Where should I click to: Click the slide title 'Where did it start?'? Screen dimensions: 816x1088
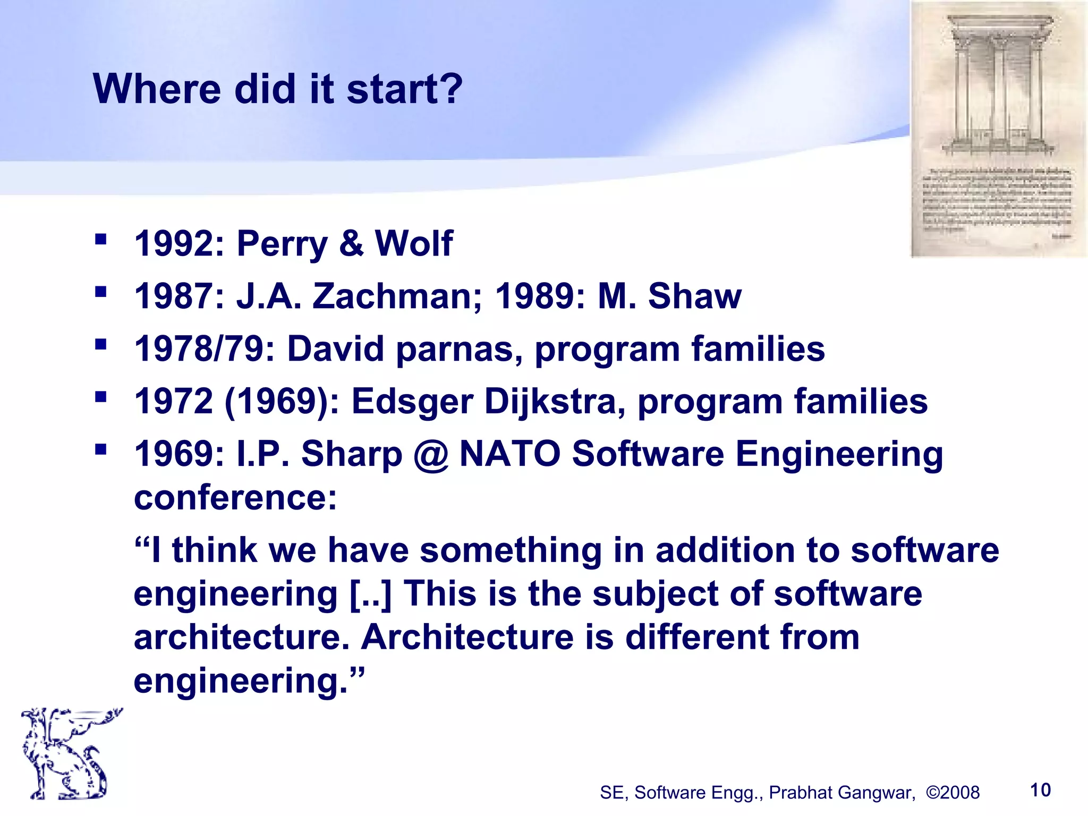[x=278, y=89]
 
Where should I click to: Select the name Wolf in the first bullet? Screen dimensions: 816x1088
[x=414, y=244]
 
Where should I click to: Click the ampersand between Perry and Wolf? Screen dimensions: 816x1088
[x=351, y=244]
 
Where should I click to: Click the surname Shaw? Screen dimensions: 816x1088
[x=694, y=296]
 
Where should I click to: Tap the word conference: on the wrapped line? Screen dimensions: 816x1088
[x=235, y=498]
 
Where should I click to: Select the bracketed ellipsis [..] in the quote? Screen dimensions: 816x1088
[x=370, y=594]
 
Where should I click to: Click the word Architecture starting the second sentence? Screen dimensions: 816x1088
[x=467, y=637]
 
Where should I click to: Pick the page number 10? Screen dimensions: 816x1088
[x=1040, y=790]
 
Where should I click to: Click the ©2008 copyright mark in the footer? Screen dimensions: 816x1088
[x=953, y=793]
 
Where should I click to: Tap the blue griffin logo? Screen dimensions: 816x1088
[x=66, y=753]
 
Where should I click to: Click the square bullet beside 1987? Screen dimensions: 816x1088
[x=100, y=292]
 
